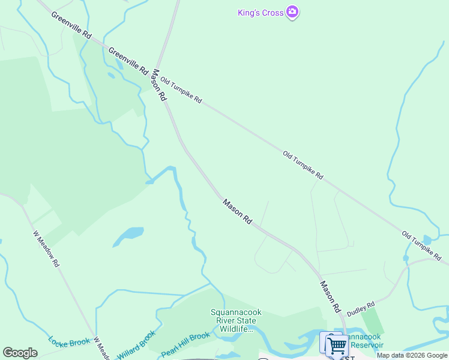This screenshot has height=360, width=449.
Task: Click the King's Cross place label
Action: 260,13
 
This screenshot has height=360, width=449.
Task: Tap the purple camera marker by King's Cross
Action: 292,12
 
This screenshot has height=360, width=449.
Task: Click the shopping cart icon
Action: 336,346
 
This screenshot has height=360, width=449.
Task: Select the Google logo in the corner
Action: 20,353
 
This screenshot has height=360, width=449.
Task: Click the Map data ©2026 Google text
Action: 412,355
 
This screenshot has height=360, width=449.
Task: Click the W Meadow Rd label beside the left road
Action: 46,249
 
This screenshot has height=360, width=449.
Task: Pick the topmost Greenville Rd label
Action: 71,26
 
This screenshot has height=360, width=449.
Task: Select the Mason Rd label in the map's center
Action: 237,212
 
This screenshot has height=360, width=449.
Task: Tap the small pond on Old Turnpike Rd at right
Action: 427,239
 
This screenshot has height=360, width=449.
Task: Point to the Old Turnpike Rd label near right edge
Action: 424,244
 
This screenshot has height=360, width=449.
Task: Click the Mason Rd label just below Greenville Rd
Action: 158,85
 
